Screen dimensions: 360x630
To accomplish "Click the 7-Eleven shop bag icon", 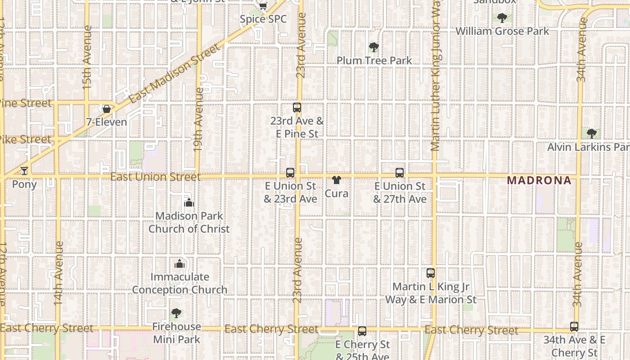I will [107, 109].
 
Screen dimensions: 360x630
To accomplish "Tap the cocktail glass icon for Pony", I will [24, 171].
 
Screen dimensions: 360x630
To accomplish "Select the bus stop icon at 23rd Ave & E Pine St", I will [297, 108].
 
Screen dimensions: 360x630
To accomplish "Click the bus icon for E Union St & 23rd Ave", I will [290, 172].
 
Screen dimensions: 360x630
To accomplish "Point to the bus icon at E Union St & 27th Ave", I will [400, 173].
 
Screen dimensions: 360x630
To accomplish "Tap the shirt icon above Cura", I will [336, 180].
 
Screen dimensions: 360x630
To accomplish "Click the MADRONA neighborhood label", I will [539, 180].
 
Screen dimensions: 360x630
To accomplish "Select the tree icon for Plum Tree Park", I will [373, 47].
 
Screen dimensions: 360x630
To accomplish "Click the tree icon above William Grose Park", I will [502, 18].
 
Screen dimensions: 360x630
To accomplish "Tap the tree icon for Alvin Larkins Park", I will [592, 134].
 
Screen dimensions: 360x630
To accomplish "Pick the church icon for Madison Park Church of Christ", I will [189, 203].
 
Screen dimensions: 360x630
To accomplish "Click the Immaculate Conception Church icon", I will [180, 264].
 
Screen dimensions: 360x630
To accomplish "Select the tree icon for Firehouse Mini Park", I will [176, 313].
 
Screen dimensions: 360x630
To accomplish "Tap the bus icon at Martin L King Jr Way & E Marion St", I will [431, 273].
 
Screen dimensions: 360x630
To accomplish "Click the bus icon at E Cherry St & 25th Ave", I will [362, 332].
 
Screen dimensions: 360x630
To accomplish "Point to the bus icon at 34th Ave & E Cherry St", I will [574, 327].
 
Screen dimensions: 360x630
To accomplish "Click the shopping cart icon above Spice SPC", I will [263, 6].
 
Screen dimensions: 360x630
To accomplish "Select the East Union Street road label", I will [155, 177].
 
